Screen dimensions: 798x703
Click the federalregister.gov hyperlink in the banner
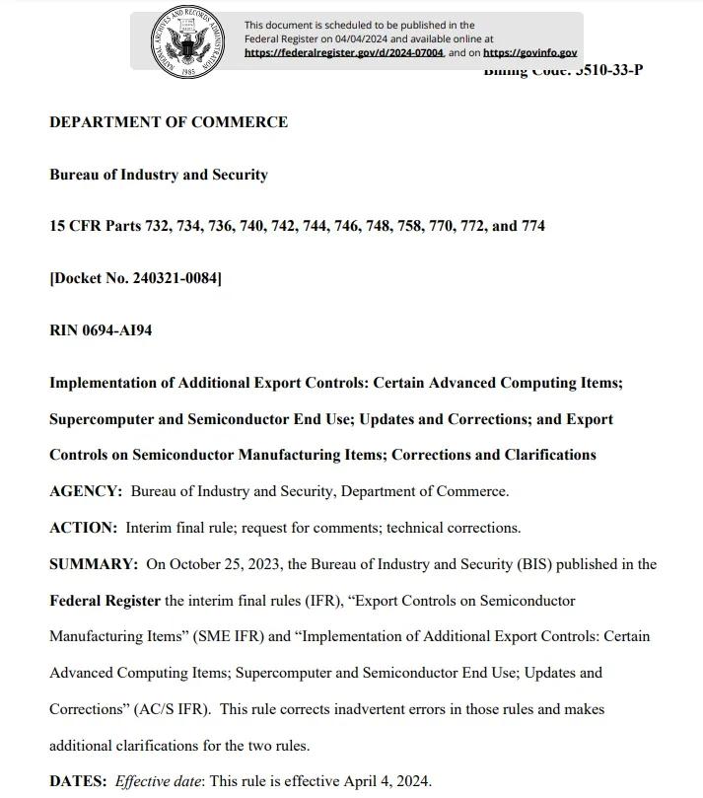click(344, 53)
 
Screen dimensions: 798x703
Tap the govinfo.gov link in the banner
click(529, 53)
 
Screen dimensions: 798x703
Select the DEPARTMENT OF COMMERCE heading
click(169, 122)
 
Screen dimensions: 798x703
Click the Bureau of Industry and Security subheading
click(159, 175)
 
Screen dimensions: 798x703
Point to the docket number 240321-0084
click(175, 278)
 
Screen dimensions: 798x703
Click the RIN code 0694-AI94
click(116, 330)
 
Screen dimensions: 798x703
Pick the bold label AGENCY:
click(86, 491)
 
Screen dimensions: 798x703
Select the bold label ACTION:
click(83, 528)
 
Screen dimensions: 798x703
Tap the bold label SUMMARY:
click(94, 564)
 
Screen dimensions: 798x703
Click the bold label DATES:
click(78, 781)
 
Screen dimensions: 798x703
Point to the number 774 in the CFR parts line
click(532, 226)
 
